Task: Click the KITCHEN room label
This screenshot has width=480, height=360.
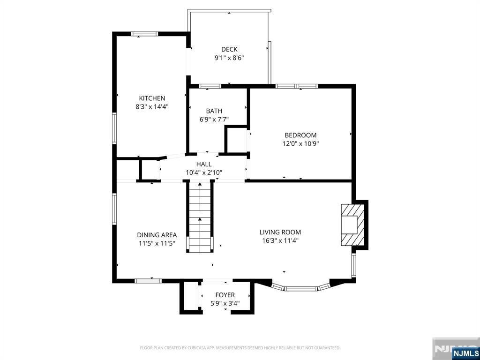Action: [x=152, y=98]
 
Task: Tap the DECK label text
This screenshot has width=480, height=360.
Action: [x=229, y=49]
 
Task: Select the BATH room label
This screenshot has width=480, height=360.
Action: [x=214, y=111]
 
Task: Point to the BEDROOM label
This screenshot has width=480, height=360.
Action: [x=300, y=135]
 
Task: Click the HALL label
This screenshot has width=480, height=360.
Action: [x=204, y=164]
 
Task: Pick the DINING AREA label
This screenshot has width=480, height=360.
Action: [x=157, y=235]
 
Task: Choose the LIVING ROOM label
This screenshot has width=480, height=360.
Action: [x=280, y=232]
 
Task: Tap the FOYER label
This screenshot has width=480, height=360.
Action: [x=225, y=295]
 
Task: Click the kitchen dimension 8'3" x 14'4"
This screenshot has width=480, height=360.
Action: [x=152, y=107]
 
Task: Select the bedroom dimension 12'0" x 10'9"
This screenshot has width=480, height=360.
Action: [x=301, y=143]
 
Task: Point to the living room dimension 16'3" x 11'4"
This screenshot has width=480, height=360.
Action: [x=280, y=240]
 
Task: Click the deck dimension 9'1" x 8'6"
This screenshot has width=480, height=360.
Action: [x=229, y=58]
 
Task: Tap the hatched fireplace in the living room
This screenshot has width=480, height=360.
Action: [x=352, y=225]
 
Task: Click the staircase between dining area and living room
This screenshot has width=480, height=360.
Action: [x=200, y=217]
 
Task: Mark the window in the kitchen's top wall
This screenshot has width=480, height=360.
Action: [x=144, y=34]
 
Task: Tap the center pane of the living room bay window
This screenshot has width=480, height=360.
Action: [x=301, y=288]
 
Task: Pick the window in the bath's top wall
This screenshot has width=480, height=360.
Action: [x=210, y=86]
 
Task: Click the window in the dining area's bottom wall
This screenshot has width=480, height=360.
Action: [x=148, y=281]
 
